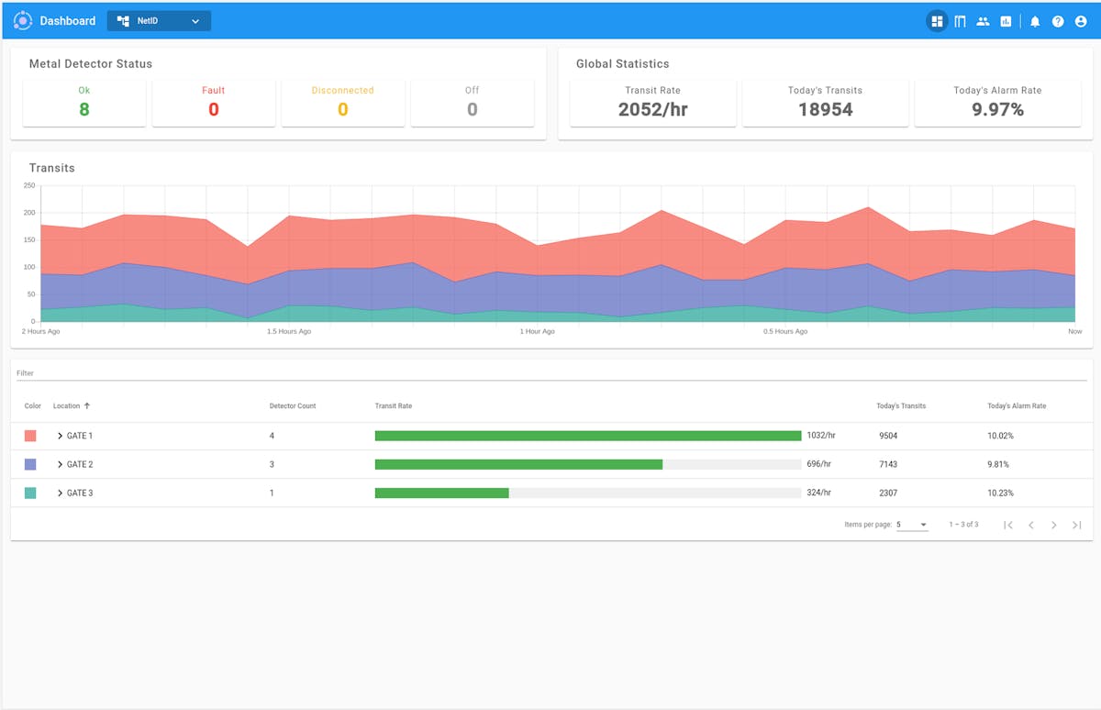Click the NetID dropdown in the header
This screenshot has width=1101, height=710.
pyautogui.click(x=159, y=21)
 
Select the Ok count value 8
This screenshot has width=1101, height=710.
pyautogui.click(x=84, y=109)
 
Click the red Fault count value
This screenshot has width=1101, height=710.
pyautogui.click(x=214, y=109)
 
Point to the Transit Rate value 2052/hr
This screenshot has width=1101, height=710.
pyautogui.click(x=652, y=109)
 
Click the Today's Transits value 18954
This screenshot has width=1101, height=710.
pyautogui.click(x=825, y=109)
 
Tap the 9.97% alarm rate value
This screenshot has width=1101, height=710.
pyautogui.click(x=997, y=109)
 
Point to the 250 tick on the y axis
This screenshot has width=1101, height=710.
pyautogui.click(x=29, y=185)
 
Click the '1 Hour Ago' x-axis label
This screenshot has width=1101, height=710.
pyautogui.click(x=537, y=331)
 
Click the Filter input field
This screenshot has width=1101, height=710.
pyautogui.click(x=550, y=373)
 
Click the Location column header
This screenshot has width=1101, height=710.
pyautogui.click(x=67, y=405)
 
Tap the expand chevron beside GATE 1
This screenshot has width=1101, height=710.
pyautogui.click(x=61, y=436)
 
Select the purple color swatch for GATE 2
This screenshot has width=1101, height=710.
pyautogui.click(x=30, y=464)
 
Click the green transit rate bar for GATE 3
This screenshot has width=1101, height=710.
pyautogui.click(x=441, y=493)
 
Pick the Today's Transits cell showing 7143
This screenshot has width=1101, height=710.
pyautogui.click(x=887, y=464)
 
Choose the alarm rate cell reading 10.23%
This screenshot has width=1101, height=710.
pyautogui.click(x=1000, y=493)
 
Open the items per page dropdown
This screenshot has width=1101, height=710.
pyautogui.click(x=912, y=525)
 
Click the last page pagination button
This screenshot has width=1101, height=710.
pyautogui.click(x=1077, y=525)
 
